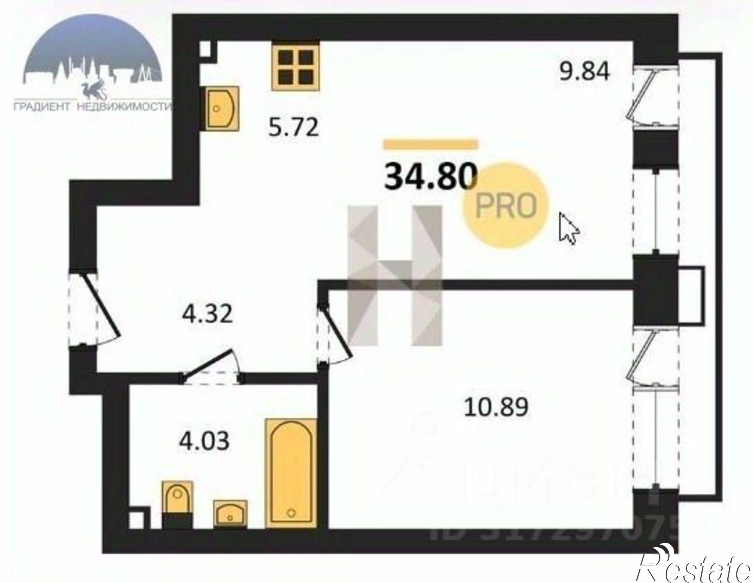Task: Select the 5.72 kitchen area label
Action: [294, 127]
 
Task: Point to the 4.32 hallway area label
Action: [207, 314]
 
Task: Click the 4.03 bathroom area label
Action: [204, 441]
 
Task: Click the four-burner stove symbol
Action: [296, 67]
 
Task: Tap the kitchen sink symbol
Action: [222, 108]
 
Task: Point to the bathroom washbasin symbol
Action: [230, 513]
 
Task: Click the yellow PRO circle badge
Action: [506, 206]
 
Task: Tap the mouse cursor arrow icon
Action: [568, 228]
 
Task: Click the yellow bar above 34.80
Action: [430, 144]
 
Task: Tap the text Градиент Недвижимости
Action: [92, 107]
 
